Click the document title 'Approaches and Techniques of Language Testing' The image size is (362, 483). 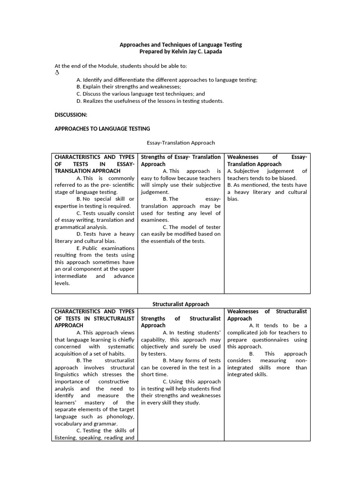point(181,44)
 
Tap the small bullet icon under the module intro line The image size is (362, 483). point(57,73)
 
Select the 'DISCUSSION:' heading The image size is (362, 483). point(71,115)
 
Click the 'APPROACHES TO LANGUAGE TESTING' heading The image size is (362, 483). point(102,128)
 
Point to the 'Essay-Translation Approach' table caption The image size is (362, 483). point(181,142)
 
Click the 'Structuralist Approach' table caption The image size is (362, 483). point(181,304)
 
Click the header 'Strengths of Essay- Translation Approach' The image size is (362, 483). point(181,160)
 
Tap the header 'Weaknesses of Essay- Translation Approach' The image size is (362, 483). point(267,160)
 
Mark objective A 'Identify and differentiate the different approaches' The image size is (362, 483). point(167,80)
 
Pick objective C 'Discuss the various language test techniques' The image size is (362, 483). point(140,94)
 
